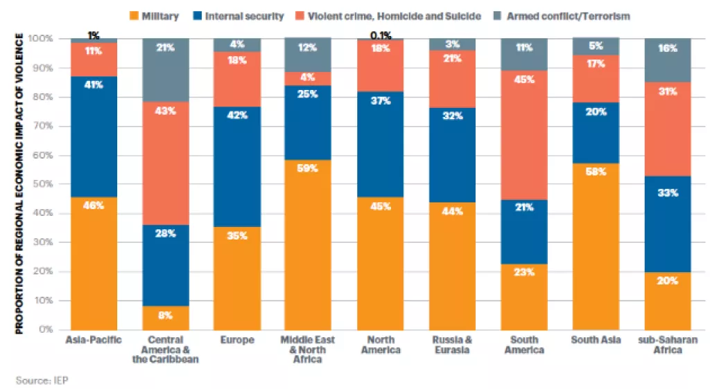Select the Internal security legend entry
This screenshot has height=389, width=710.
pos(247,16)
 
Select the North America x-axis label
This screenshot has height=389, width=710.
pos(381,345)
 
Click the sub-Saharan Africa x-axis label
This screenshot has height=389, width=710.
pos(667,345)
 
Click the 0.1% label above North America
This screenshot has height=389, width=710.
pos(381,35)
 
